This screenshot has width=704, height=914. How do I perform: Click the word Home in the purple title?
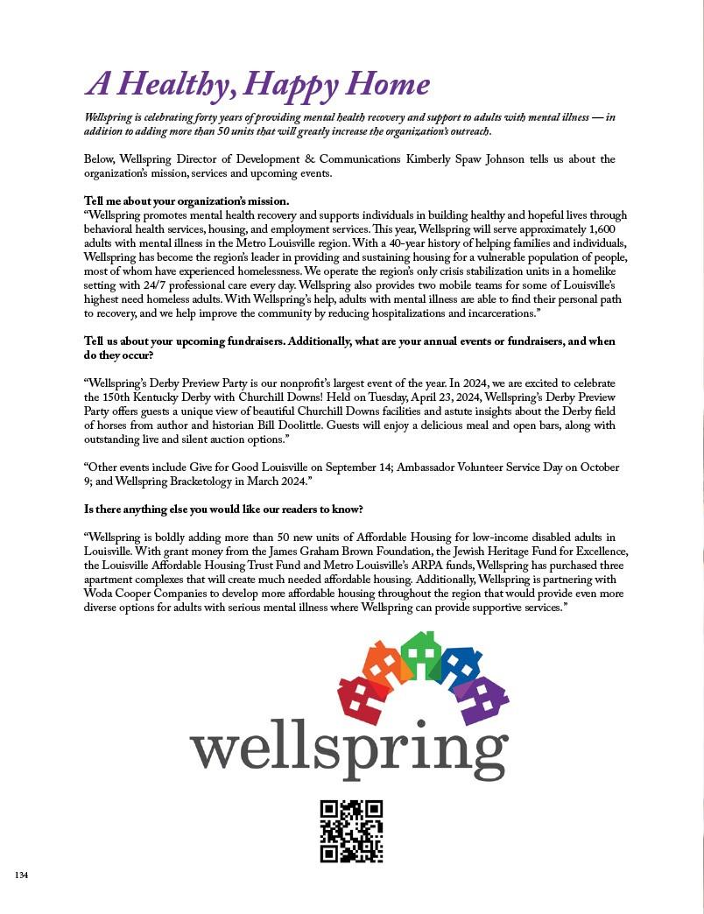coord(388,84)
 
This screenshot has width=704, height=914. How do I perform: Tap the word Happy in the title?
coord(291,86)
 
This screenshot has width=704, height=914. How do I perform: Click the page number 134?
coord(21,875)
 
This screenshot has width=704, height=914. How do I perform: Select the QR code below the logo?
coord(351,831)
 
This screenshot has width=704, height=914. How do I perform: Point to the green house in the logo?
coord(421,656)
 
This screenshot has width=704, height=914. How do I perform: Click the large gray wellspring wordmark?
coord(348,750)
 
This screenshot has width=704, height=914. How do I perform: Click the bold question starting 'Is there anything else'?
coord(223,509)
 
